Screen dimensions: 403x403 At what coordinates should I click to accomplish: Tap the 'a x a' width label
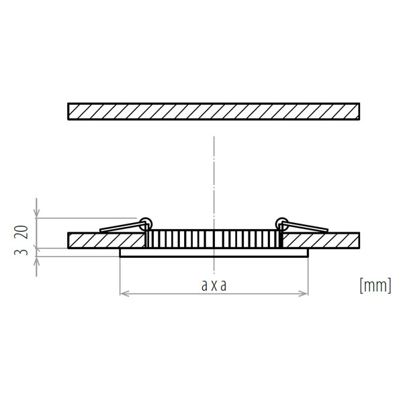(x=214, y=285)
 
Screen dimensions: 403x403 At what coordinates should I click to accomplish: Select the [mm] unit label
(x=375, y=285)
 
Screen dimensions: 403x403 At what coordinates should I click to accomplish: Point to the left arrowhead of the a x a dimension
(x=124, y=294)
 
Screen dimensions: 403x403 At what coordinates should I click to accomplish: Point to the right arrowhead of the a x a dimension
(x=304, y=294)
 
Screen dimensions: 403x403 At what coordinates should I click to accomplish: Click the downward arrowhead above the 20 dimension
(x=37, y=213)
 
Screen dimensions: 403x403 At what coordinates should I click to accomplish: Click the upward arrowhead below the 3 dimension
(x=37, y=262)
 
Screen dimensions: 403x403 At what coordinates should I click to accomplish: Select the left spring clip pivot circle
(x=146, y=224)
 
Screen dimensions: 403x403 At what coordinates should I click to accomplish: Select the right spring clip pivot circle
(x=282, y=224)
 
